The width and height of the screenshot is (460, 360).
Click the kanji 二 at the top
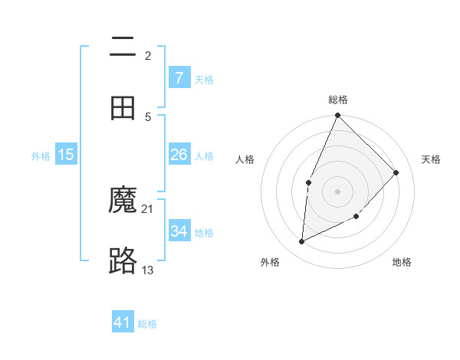123,47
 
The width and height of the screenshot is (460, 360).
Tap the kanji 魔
123,200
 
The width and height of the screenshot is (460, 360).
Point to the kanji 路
123,261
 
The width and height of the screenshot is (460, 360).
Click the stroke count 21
148,208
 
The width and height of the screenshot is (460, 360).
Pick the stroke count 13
148,270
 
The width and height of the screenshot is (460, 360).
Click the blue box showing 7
179,77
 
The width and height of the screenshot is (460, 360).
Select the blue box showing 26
179,155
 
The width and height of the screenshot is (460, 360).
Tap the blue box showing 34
179,231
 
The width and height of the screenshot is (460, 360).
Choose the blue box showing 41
123,322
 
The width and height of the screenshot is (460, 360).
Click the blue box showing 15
66,155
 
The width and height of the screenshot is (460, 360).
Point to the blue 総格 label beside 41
147,324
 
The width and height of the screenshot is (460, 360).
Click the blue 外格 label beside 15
41,156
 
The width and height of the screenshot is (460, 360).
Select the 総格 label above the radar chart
338,100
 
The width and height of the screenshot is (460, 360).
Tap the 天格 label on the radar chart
432,159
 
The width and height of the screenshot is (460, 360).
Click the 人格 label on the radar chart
245,159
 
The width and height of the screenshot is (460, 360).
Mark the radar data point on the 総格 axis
337,116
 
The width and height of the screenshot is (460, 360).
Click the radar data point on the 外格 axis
302,241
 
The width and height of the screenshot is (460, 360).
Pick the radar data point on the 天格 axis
396,172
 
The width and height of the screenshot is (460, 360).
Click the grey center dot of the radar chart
337,191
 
